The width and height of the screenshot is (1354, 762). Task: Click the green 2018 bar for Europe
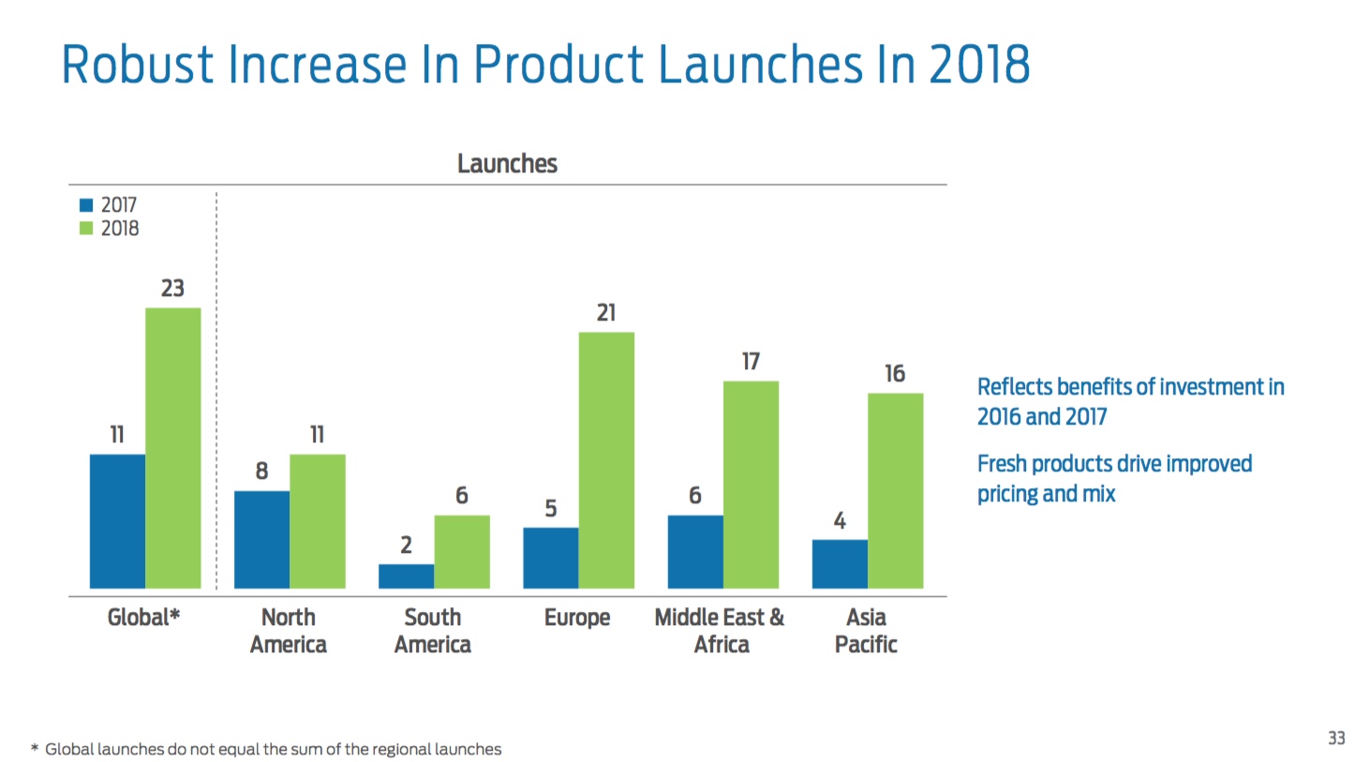tap(606, 460)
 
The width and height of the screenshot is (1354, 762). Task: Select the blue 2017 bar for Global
tap(117, 521)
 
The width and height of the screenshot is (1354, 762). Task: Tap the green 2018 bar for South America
tap(461, 552)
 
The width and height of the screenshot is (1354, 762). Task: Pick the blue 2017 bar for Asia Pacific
tap(840, 564)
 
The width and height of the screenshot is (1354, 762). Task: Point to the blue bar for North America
tap(261, 540)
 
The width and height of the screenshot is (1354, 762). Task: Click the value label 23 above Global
tap(172, 289)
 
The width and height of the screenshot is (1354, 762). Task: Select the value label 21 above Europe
tap(606, 313)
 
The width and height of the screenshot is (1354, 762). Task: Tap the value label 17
tap(751, 362)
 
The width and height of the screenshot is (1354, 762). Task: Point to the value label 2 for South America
tap(406, 545)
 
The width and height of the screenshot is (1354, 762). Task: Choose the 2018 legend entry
tap(111, 228)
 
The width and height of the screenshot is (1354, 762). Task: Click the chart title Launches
tap(507, 164)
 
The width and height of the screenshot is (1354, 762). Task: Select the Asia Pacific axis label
tap(866, 631)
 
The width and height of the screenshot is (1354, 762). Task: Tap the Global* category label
tap(143, 618)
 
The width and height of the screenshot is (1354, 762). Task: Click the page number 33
tap(1336, 739)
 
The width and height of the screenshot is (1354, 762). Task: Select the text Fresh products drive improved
tap(1114, 464)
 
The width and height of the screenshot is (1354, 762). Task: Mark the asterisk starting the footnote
tap(35, 749)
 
